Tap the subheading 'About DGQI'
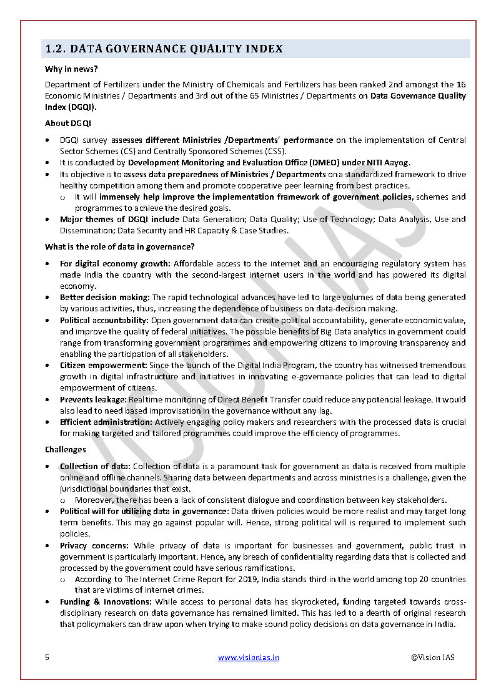[x=66, y=124]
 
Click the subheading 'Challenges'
[x=66, y=450]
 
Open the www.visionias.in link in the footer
[x=249, y=657]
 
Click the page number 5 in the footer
[x=47, y=657]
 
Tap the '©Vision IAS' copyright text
[x=433, y=657]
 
